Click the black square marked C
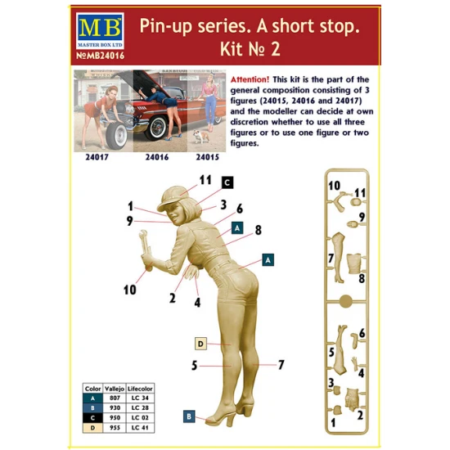227,182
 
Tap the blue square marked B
187,416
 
